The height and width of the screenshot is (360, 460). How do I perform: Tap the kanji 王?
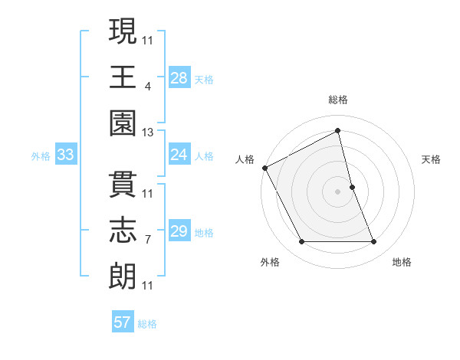pos(123,77)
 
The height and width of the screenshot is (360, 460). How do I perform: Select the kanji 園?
pos(123,122)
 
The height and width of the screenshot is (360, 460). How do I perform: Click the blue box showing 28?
pos(179,77)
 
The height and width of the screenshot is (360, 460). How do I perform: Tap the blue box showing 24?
pos(179,155)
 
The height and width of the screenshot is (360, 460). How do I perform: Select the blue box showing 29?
pos(179,231)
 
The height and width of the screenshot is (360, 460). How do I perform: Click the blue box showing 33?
pos(66,155)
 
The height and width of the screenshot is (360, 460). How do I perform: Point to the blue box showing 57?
pos(123,322)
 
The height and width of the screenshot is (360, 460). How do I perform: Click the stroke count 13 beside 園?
pos(147,133)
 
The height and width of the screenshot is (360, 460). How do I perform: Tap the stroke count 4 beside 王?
pos(147,87)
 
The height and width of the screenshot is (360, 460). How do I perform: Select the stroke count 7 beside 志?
pos(147,241)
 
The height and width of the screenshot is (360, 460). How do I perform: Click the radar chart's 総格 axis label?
pos(338,100)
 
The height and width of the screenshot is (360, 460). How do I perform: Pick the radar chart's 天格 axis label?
pos(431,159)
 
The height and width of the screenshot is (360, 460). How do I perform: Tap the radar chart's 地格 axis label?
pos(402,262)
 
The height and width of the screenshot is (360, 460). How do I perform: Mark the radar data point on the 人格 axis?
pos(265,167)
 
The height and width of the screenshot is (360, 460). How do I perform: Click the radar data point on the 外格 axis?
pos(301,242)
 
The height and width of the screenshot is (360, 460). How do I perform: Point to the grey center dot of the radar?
pos(338,191)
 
